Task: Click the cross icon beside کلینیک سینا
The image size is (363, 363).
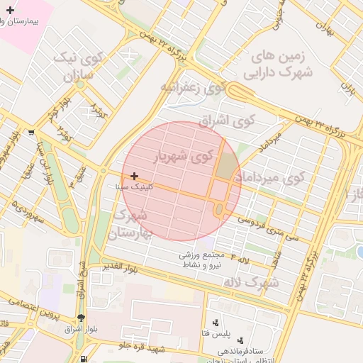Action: tap(133, 175)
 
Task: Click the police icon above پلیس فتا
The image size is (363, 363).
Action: tap(216, 323)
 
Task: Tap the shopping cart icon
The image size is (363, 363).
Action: tap(31, 133)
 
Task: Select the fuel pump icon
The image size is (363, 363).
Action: tap(85, 358)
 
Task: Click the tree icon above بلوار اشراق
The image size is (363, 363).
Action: tap(80, 318)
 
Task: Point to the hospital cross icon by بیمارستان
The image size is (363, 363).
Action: tap(10, 10)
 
